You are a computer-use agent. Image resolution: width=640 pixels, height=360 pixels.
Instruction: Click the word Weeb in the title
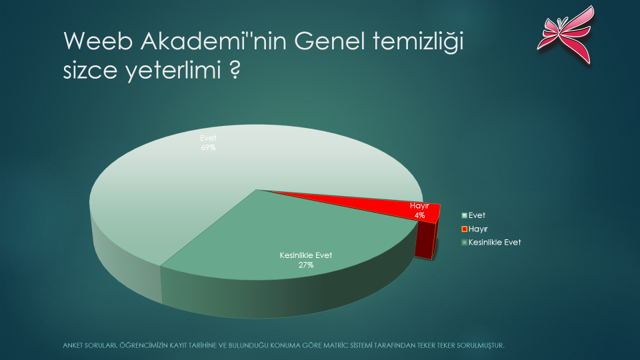pos(98,41)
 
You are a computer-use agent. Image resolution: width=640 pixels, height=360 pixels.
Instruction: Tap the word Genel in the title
pos(329,41)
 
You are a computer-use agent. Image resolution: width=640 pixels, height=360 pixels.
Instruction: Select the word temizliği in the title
pos(419,43)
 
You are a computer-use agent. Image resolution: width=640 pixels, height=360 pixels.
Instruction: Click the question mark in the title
pos(235,69)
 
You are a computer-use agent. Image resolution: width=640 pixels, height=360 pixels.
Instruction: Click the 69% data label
pos(208,148)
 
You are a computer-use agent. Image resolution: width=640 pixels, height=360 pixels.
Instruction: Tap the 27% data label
pos(306,265)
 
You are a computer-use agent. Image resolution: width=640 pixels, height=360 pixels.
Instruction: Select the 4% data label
pos(419,215)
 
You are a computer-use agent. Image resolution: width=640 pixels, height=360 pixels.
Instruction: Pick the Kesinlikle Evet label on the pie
pos(306,255)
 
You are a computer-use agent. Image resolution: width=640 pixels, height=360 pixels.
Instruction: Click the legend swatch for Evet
pos(464,215)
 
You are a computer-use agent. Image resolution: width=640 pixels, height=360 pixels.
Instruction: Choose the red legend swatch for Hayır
pos(464,229)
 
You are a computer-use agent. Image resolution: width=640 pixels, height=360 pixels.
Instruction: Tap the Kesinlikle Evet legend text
pos(495,243)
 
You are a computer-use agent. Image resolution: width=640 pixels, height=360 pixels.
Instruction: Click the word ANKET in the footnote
pos(72,345)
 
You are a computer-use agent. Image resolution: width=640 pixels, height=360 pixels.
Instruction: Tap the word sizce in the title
pos(90,71)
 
